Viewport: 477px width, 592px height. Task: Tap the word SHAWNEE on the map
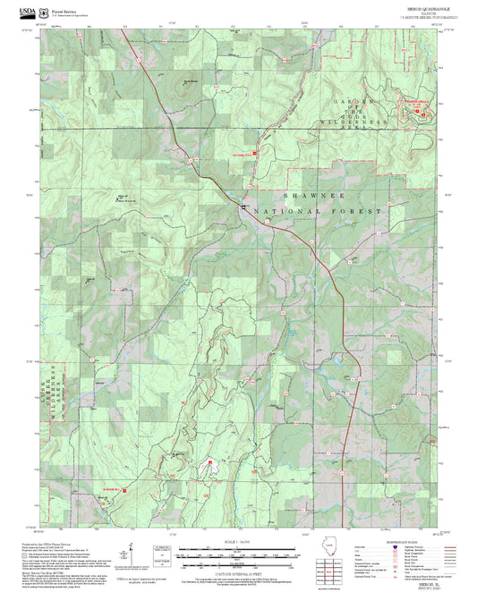[x=305, y=194]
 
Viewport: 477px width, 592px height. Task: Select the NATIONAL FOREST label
[x=319, y=212]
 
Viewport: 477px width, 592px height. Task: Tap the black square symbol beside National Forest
[x=242, y=207]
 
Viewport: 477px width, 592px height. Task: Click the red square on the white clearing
[x=211, y=463]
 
